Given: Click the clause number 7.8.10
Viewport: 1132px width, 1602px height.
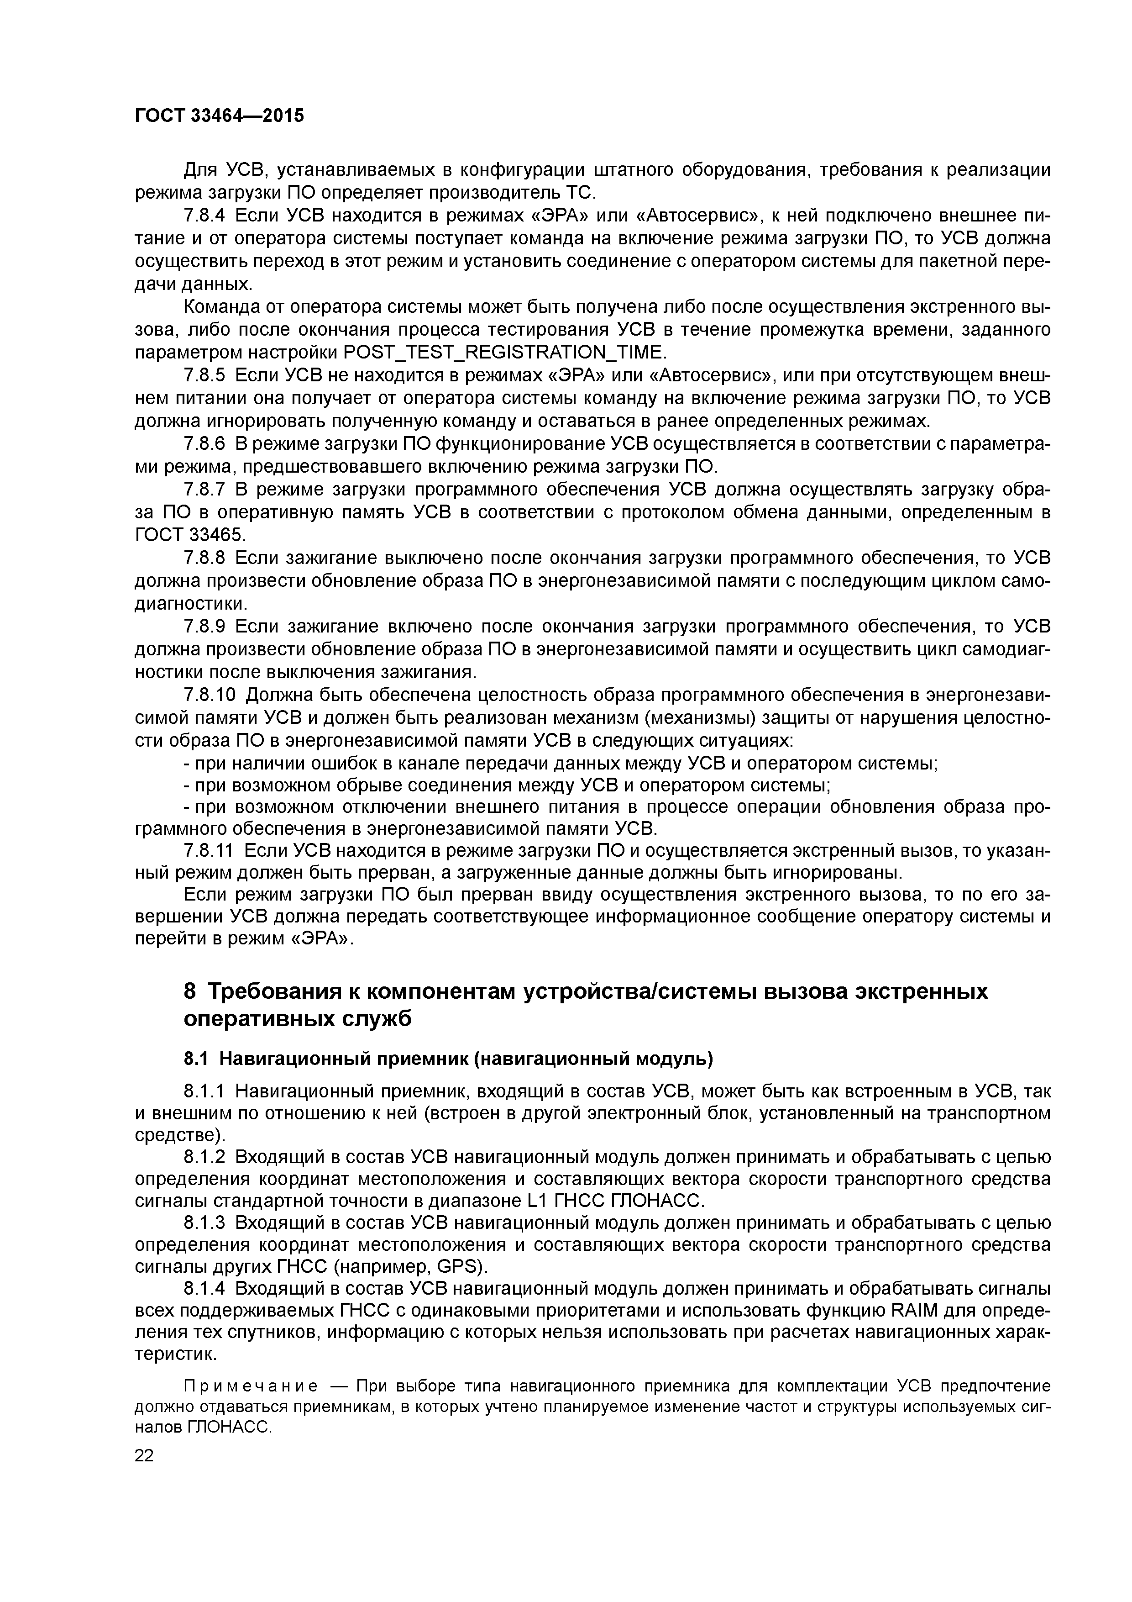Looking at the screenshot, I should point(210,695).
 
